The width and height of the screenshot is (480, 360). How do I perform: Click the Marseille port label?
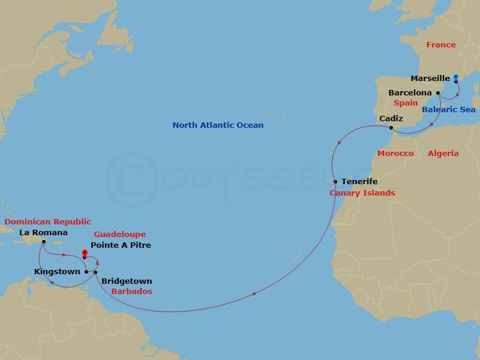click(x=430, y=79)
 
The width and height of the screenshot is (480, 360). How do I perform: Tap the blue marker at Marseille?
click(x=455, y=77)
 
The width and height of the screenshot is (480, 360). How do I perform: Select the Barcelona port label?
click(x=410, y=93)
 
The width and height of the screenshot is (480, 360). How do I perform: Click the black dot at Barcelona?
click(x=439, y=92)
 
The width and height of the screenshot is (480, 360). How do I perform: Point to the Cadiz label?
click(x=391, y=119)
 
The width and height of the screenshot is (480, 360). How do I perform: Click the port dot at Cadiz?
click(x=391, y=128)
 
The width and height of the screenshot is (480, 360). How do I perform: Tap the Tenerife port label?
click(x=359, y=181)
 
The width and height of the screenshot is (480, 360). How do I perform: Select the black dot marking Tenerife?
click(x=335, y=181)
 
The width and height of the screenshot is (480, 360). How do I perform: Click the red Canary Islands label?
click(x=362, y=193)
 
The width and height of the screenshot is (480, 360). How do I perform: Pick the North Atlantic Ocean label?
click(x=218, y=125)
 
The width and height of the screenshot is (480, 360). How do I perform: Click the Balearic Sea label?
click(x=448, y=110)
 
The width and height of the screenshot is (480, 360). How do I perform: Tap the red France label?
click(x=440, y=45)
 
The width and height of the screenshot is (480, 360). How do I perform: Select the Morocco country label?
click(x=395, y=154)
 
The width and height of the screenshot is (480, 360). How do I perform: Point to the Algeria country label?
click(x=443, y=154)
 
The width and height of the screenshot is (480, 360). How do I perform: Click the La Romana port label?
click(x=43, y=233)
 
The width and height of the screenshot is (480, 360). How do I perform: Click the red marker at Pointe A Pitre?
click(x=85, y=254)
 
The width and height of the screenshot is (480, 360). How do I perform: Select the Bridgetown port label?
click(x=127, y=281)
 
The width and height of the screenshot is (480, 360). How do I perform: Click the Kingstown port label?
click(x=58, y=272)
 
